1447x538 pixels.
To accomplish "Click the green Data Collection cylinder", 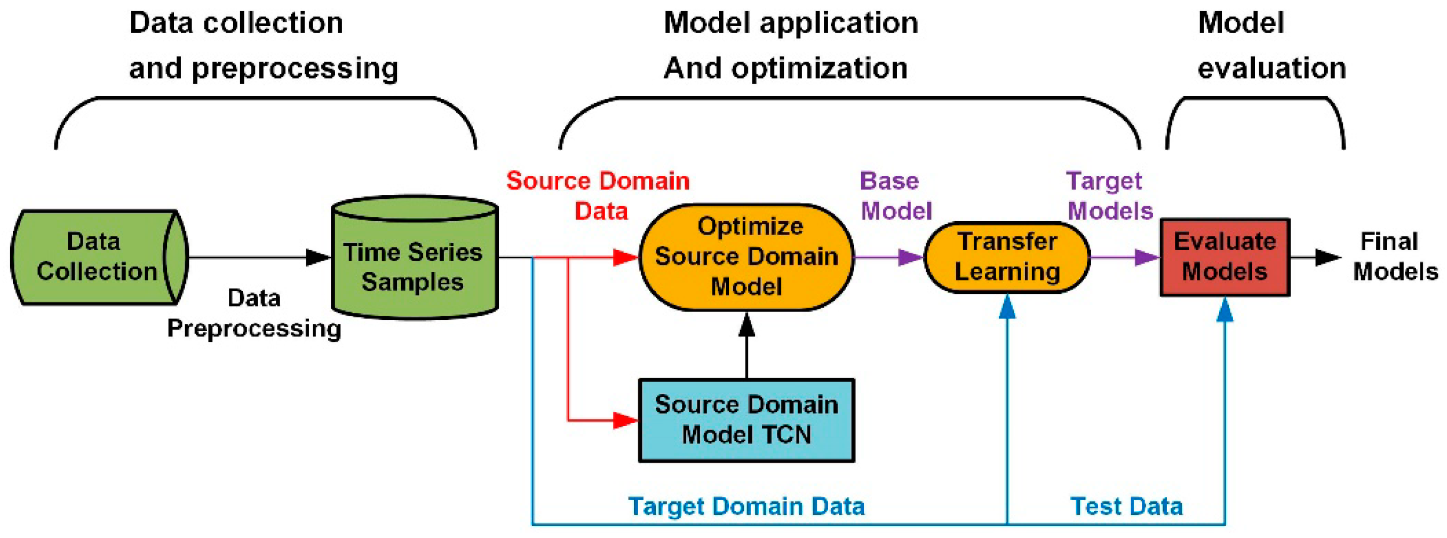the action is pos(99,258).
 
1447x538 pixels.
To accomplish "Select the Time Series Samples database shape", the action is pos(415,258).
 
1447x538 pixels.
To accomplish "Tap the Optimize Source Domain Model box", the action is pos(746,257).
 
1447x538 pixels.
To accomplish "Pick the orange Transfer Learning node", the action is pos(1007,258).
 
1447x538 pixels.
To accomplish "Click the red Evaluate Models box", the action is pos(1225,258).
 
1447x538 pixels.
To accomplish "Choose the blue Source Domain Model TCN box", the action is pos(746,420).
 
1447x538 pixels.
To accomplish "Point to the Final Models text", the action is pos(1395,257).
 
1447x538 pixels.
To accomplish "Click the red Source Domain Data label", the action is pos(598,196).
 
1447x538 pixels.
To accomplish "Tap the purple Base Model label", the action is pos(895,196).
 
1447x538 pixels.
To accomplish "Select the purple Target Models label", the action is pos(1109,196).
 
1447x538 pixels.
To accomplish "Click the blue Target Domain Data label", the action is pos(746,506).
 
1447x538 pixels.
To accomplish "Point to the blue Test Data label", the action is pos(1127,506).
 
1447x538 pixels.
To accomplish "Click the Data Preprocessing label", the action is pos(254,313).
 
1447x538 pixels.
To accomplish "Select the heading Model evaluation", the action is pos(1272,45).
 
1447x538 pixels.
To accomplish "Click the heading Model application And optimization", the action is pos(791,45).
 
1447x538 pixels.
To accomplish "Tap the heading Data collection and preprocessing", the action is pos(264,45).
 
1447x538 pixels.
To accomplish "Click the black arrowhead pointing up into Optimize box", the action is pos(746,324).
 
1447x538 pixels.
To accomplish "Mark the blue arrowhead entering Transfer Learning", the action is pos(1007,306).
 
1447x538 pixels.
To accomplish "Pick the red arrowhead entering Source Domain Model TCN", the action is pos(626,420).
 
